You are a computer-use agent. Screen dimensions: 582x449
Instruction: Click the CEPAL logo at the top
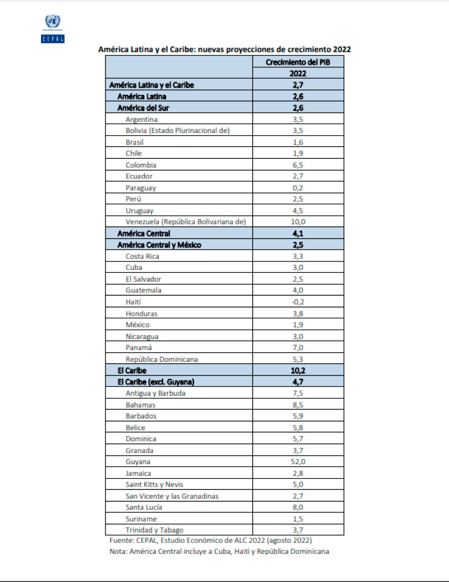pyautogui.click(x=53, y=29)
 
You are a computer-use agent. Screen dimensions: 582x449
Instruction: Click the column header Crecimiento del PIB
pyautogui.click(x=297, y=62)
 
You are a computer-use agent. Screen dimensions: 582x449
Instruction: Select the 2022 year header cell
pyautogui.click(x=297, y=74)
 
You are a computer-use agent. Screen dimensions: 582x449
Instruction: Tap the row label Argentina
pyautogui.click(x=142, y=119)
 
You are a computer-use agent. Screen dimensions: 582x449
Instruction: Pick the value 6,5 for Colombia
pyautogui.click(x=297, y=165)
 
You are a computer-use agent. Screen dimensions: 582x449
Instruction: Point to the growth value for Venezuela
pyautogui.click(x=297, y=222)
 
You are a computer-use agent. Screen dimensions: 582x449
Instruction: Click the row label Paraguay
pyautogui.click(x=141, y=187)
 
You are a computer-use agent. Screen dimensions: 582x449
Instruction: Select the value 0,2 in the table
pyautogui.click(x=297, y=187)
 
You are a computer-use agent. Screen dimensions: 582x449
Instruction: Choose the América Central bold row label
pyautogui.click(x=144, y=233)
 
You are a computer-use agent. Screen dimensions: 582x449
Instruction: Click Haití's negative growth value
pyautogui.click(x=297, y=301)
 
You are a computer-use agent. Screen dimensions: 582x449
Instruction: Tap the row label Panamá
pyautogui.click(x=139, y=347)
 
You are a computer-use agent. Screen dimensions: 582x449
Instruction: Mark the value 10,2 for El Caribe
pyautogui.click(x=297, y=370)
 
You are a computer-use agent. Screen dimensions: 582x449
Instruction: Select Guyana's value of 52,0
pyautogui.click(x=297, y=461)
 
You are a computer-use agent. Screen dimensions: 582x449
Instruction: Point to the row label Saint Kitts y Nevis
pyautogui.click(x=155, y=484)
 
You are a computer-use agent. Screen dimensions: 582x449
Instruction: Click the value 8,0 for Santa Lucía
pyautogui.click(x=297, y=507)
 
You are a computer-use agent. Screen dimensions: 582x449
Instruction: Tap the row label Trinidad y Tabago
pyautogui.click(x=155, y=530)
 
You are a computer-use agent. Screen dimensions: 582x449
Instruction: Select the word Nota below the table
pyautogui.click(x=118, y=551)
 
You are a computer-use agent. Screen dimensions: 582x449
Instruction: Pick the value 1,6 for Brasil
pyautogui.click(x=297, y=142)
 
